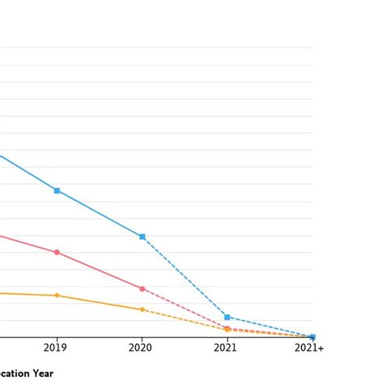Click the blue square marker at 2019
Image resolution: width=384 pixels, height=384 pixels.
pos(57,190)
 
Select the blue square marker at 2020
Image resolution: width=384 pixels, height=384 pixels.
pos(143,237)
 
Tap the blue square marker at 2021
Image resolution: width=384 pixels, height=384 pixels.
pos(228,317)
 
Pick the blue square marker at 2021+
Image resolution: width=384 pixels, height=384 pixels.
pos(313,337)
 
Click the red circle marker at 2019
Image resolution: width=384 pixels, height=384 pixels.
pos(57,253)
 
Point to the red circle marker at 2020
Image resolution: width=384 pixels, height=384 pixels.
pos(143,288)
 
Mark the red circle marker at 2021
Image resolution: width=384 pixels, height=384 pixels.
pos(228,328)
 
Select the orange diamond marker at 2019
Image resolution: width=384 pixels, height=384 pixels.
pos(57,296)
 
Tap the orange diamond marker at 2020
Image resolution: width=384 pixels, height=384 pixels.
pos(143,309)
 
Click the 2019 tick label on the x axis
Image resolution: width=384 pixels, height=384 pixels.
pos(57,348)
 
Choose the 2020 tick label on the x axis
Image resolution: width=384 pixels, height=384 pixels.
pos(143,348)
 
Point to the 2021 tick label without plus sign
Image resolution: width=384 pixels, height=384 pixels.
pos(226,348)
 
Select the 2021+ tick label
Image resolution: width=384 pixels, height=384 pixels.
pos(309,348)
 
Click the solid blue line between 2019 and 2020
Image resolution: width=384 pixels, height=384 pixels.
pos(100,214)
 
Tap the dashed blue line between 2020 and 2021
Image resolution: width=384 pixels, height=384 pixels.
pos(185,276)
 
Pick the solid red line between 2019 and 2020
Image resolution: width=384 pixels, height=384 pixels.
pos(100,271)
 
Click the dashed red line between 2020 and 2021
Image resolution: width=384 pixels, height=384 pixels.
pos(185,308)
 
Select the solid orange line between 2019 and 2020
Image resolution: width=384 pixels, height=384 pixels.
pos(100,302)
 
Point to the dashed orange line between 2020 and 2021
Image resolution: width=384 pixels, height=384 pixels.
pos(185,319)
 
